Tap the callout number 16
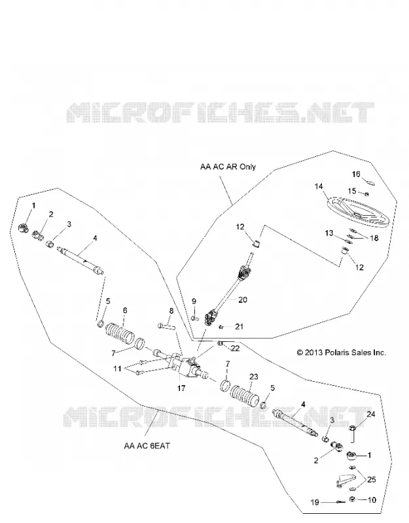[x=356, y=174]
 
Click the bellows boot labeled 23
[x=245, y=397]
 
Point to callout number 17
[x=181, y=388]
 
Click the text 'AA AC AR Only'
[x=228, y=167]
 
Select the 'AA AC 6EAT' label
[x=147, y=446]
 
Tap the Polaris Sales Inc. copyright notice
[x=341, y=352]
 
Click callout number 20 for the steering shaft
[x=243, y=300]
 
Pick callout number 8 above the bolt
[x=171, y=311]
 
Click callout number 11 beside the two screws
[x=117, y=369]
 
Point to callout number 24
[x=371, y=414]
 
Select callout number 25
[x=372, y=480]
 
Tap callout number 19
[x=315, y=502]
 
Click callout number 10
[x=372, y=500]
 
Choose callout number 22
[x=235, y=348]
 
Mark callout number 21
[x=239, y=326]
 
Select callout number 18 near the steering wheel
[x=374, y=238]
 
